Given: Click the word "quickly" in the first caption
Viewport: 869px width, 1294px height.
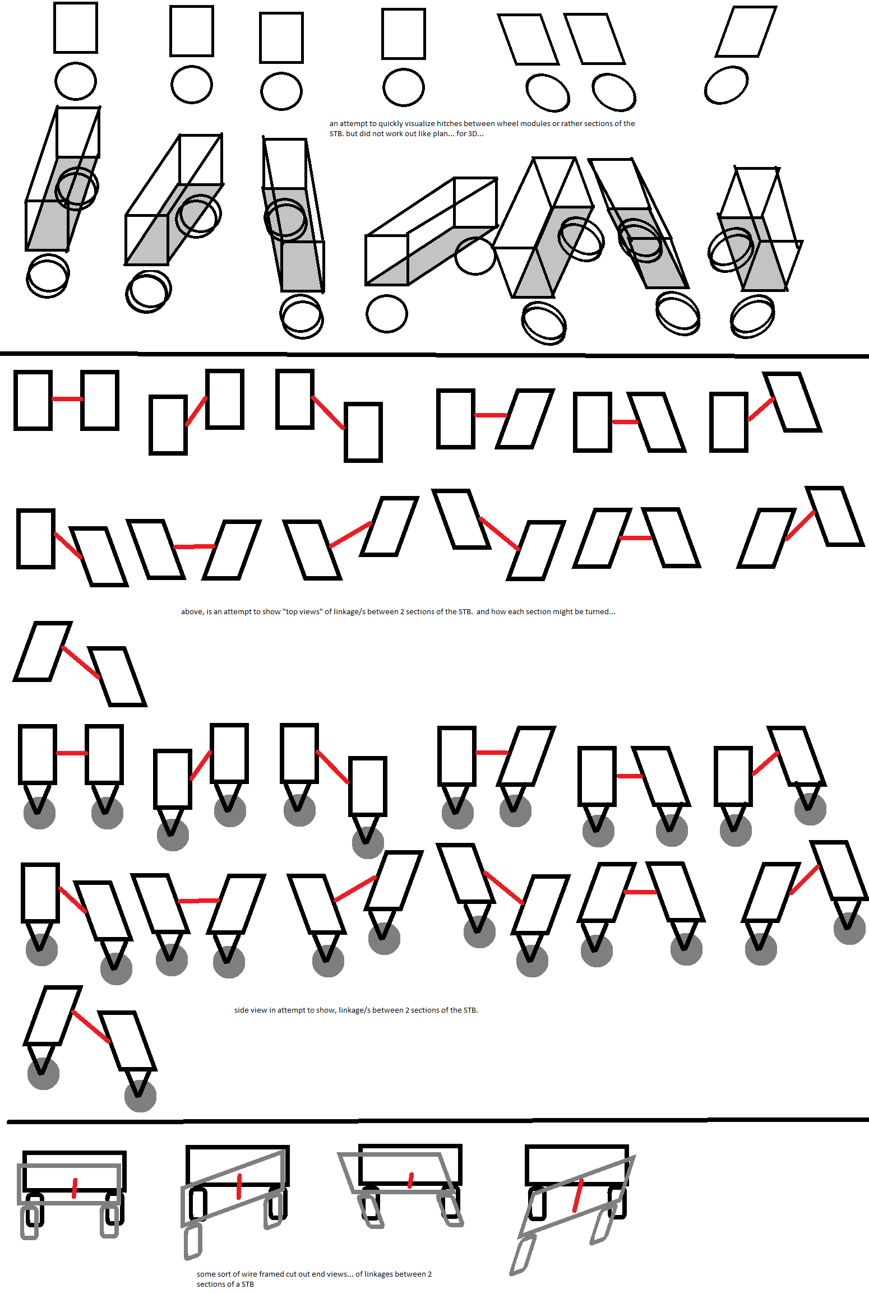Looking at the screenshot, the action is (x=390, y=124).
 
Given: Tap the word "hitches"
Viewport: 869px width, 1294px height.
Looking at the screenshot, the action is (x=449, y=123).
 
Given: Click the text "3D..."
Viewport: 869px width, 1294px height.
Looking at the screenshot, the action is (x=475, y=133).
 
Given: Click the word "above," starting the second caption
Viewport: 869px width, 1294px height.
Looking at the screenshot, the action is (x=192, y=611).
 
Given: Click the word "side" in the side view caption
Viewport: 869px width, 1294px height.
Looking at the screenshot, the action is (x=242, y=1010).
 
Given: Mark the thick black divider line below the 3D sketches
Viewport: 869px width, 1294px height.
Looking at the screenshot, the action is (x=434, y=355).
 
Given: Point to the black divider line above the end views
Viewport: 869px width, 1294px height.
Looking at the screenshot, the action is (x=438, y=1120).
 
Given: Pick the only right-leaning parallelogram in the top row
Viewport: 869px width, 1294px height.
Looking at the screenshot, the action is (x=746, y=31).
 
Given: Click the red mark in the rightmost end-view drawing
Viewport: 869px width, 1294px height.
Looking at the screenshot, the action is (x=578, y=1195).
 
